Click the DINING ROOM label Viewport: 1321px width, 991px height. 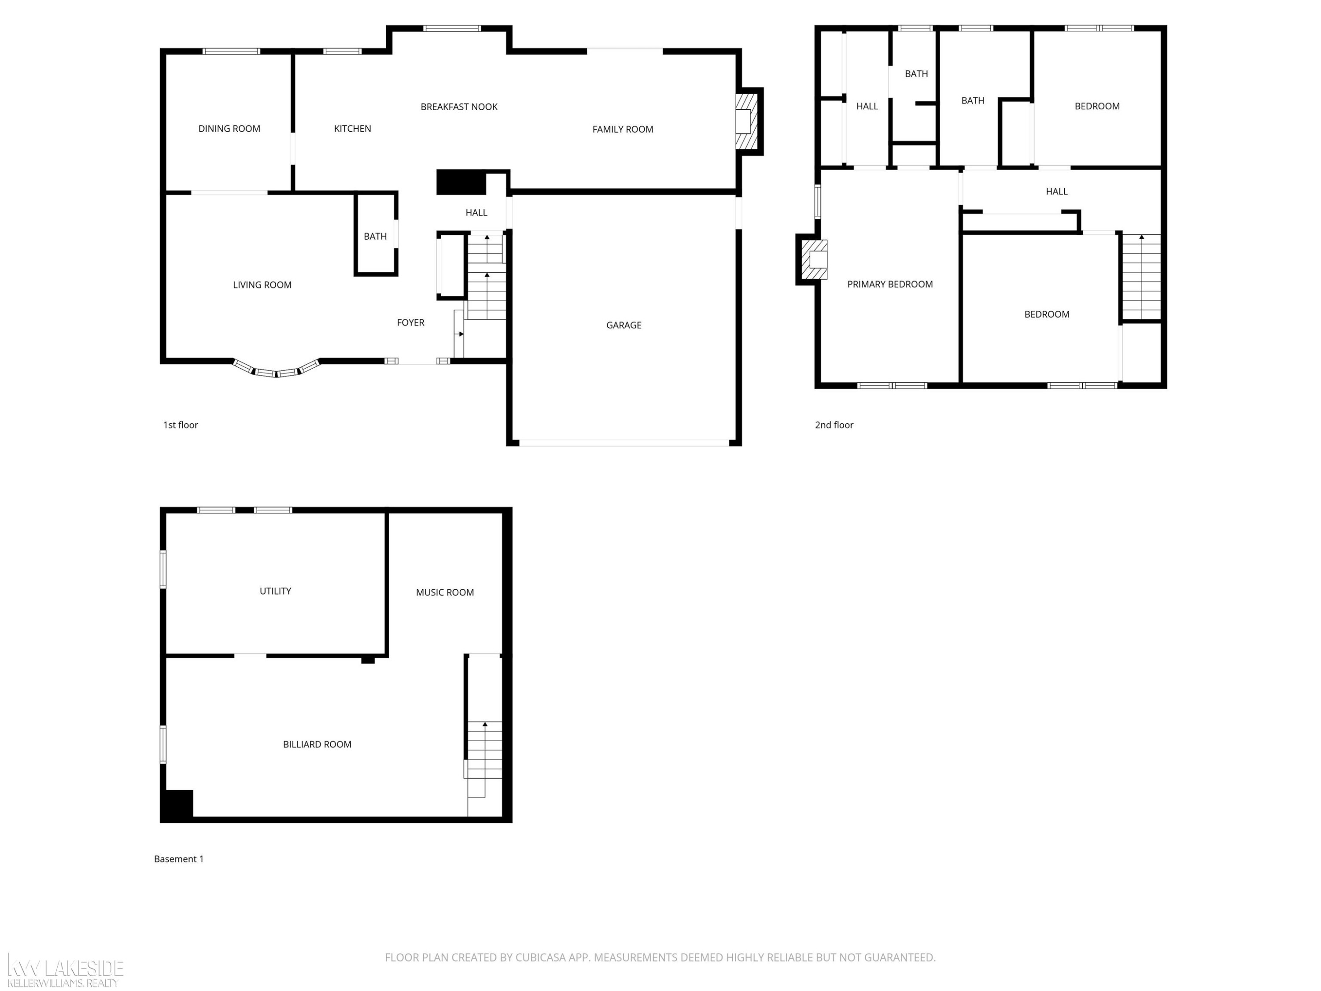point(229,129)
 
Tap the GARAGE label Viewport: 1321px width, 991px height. point(624,325)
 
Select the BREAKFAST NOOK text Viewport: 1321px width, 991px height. point(459,107)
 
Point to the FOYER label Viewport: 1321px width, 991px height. point(411,322)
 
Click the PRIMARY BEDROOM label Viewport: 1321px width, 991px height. point(890,285)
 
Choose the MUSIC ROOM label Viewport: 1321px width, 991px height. point(445,592)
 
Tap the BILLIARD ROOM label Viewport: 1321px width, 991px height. point(317,744)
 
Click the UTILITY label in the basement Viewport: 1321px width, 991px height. point(275,591)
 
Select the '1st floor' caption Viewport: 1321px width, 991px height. point(181,425)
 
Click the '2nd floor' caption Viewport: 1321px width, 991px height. point(834,425)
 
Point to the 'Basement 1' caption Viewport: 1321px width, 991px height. point(179,859)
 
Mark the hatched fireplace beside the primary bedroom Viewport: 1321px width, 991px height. point(814,259)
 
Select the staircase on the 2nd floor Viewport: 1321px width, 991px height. point(1141,277)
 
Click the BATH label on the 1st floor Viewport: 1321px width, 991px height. point(375,237)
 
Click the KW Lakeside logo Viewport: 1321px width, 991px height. point(64,971)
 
